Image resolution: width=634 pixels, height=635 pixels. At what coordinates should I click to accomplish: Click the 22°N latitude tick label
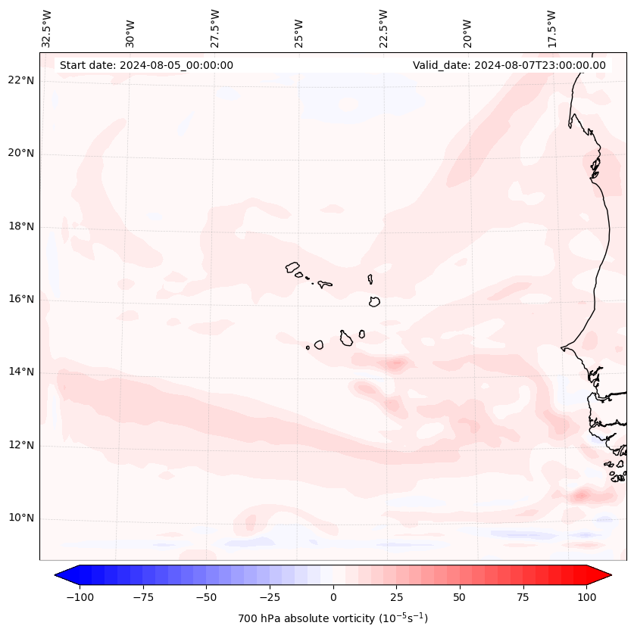20,80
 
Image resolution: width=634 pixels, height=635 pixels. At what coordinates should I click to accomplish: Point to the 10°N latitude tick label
20,518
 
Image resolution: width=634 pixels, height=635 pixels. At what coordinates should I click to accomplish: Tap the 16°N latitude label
20,299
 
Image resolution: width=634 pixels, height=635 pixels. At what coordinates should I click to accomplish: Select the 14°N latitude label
20,372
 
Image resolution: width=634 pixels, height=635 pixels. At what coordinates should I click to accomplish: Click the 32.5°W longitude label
47,30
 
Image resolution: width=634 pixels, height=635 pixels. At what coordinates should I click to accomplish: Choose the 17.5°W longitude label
552,30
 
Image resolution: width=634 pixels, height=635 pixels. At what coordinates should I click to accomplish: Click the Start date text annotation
146,65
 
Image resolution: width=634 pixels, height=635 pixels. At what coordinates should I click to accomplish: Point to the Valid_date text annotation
509,65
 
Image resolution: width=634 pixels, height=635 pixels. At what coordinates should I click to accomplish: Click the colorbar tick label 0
333,597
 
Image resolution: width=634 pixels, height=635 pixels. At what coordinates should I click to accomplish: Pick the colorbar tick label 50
460,597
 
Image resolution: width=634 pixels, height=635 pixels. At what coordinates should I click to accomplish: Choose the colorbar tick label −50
205,597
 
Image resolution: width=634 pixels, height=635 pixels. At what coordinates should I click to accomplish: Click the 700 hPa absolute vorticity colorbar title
333,618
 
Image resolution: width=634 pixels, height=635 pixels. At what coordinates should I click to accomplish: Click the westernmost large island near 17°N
292,267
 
